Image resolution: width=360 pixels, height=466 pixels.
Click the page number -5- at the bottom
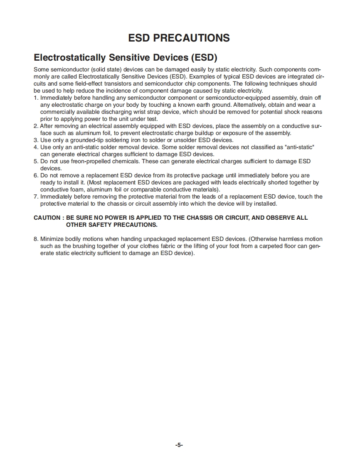179,445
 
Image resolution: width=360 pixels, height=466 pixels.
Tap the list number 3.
36,140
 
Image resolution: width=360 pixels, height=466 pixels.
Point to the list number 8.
36,239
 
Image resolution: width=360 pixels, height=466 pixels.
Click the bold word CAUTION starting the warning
47,218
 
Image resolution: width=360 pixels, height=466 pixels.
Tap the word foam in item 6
76,189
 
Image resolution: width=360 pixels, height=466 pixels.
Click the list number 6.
36,175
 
